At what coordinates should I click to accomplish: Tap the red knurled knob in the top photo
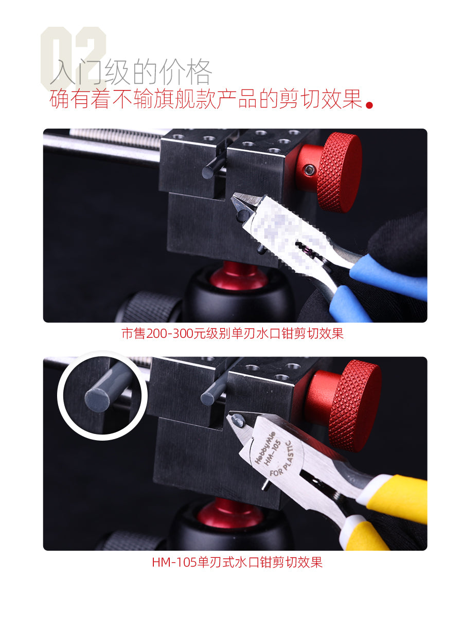tap(339, 172)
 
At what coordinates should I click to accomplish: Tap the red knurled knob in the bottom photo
tap(355, 398)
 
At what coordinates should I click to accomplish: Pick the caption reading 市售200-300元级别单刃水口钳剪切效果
tap(232, 334)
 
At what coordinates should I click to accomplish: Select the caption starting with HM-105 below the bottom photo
tap(237, 562)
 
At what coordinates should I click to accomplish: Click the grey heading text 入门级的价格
tap(131, 72)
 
